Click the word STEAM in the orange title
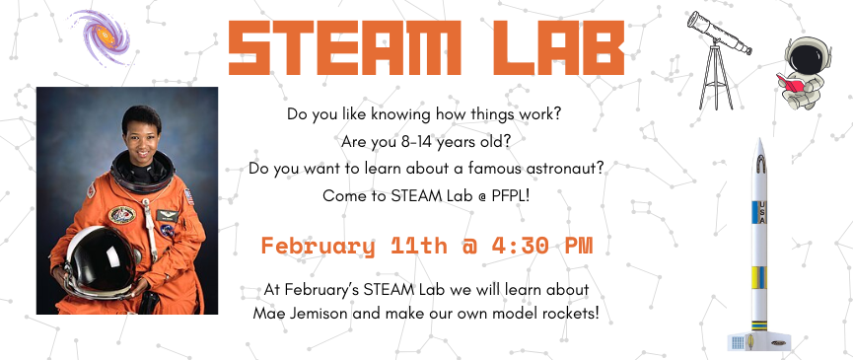344,48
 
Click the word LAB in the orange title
559,48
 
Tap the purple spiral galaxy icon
102,36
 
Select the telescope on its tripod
718,60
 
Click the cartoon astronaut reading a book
802,73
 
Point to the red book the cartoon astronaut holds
789,83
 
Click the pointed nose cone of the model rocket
760,150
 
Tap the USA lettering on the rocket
762,213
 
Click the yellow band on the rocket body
758,277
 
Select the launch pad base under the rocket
759,341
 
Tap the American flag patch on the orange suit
189,196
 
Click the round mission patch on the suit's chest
122,215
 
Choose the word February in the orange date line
319,246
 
